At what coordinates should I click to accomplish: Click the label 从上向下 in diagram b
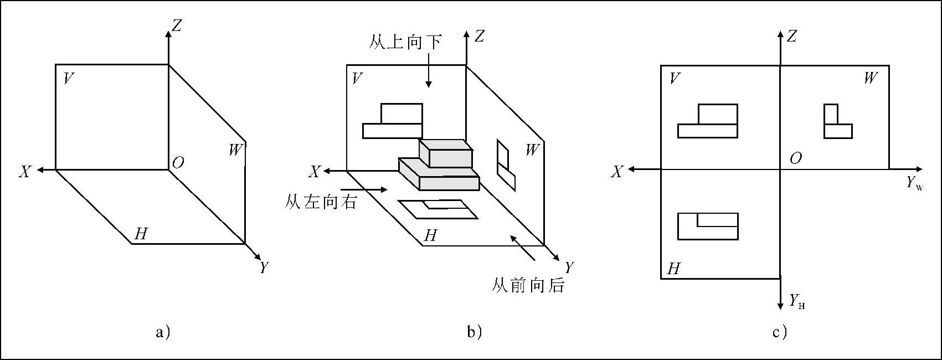click(405, 42)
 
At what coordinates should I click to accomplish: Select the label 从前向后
click(528, 286)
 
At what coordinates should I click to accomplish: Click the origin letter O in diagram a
click(178, 163)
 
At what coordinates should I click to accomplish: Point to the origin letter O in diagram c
click(795, 159)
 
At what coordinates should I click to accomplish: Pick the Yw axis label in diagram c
click(915, 184)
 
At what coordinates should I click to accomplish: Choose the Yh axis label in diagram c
click(797, 302)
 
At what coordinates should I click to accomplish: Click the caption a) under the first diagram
click(163, 332)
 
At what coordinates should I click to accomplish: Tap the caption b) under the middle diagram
click(475, 332)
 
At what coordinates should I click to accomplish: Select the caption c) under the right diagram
click(780, 332)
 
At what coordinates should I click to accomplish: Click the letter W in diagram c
click(870, 79)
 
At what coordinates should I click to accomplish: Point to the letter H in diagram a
click(141, 234)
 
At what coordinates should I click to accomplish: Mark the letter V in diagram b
click(357, 79)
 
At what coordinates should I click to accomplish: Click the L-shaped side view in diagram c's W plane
click(836, 122)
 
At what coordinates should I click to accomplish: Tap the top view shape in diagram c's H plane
click(708, 226)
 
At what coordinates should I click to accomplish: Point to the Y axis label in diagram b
click(569, 268)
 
